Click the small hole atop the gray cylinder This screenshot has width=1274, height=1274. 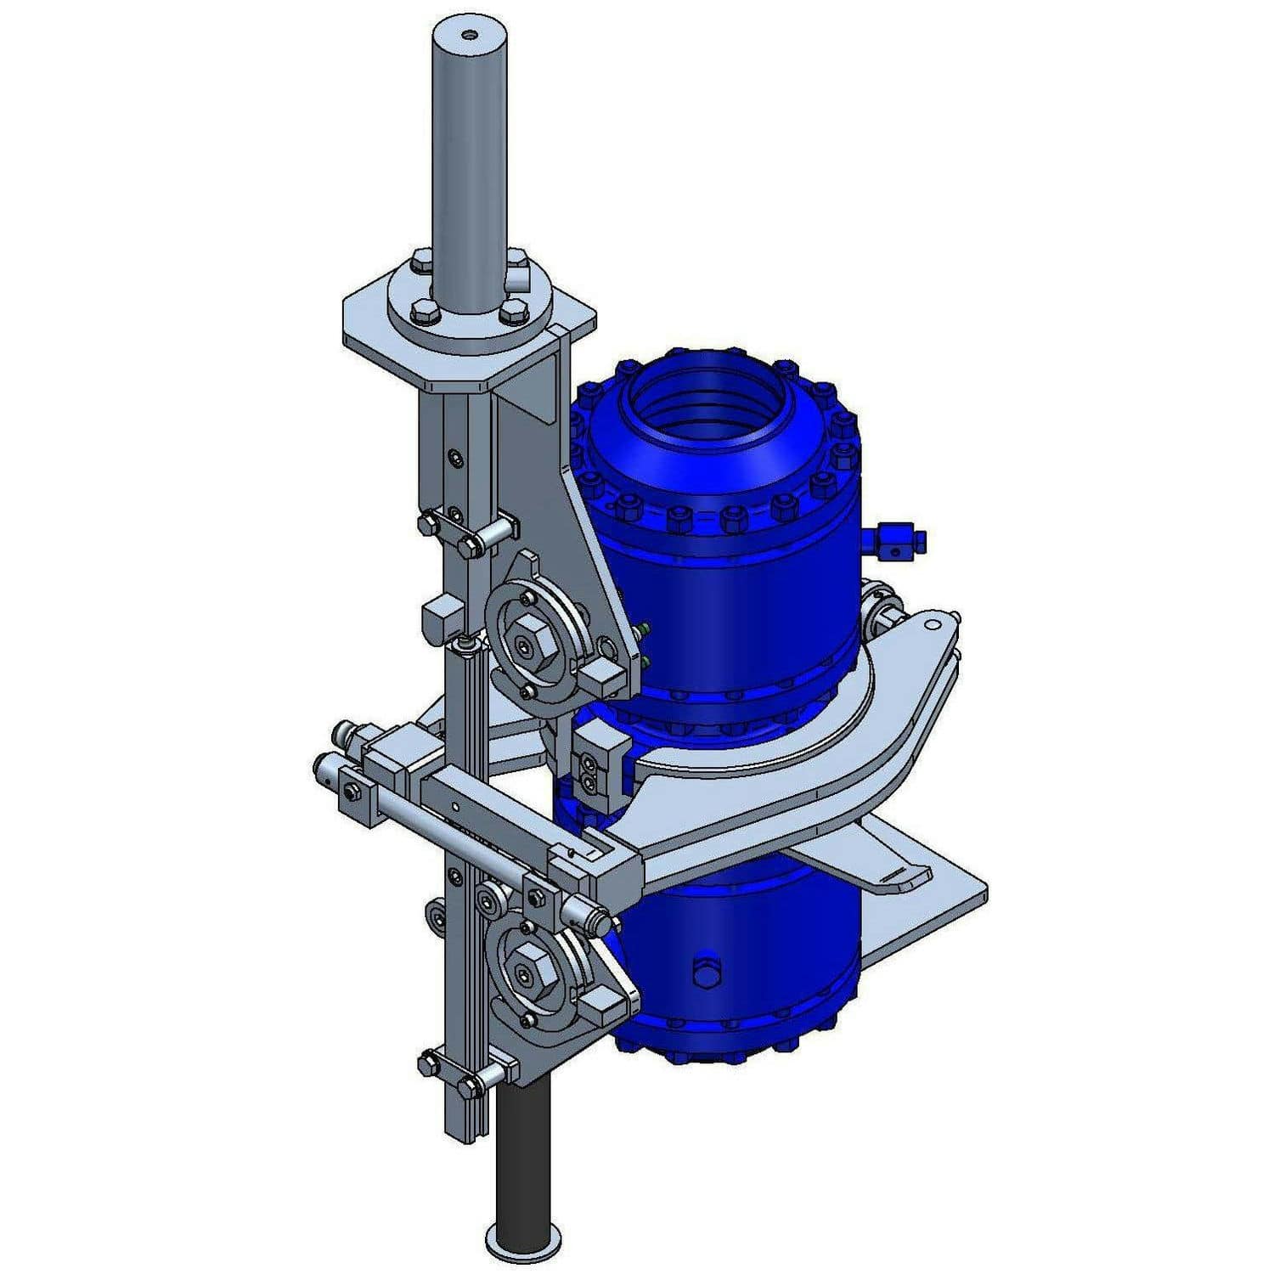tap(469, 36)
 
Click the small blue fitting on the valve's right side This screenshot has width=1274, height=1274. tap(896, 540)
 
